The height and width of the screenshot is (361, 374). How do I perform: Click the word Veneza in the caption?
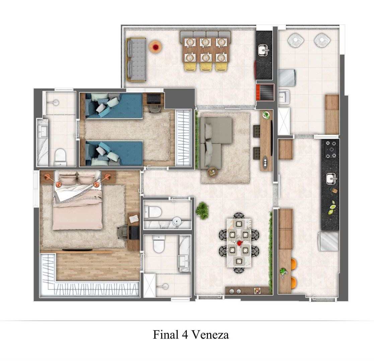click(210, 335)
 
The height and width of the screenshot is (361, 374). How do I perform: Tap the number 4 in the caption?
click(184, 335)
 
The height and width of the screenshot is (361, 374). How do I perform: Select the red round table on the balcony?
click(156, 47)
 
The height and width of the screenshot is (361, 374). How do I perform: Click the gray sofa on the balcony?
click(136, 59)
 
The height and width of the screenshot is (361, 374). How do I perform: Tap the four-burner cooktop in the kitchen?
click(331, 149)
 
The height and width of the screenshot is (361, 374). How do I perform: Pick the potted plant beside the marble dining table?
click(202, 209)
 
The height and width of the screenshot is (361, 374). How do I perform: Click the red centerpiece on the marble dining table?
click(239, 243)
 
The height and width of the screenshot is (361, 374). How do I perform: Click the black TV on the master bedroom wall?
click(77, 250)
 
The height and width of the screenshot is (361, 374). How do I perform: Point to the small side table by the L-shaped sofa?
click(212, 172)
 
